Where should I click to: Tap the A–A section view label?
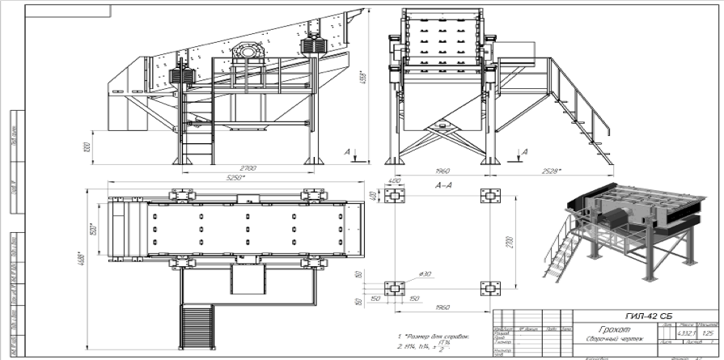443,185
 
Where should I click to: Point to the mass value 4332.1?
686,332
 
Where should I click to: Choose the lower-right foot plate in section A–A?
489,287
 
